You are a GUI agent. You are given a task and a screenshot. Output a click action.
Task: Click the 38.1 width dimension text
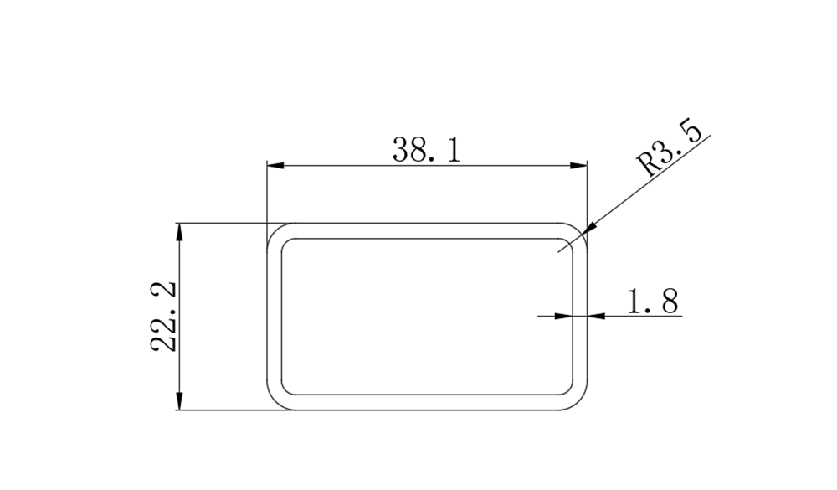pos(426,150)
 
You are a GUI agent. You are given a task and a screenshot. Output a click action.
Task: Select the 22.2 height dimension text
pos(164,317)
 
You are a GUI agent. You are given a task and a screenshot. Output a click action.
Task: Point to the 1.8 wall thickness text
pos(652,301)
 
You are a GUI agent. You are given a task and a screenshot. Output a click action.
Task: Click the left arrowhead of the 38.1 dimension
pos(275,166)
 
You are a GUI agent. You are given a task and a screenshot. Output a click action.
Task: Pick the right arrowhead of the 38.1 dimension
pos(578,166)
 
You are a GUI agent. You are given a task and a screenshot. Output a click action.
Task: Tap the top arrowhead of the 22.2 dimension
pos(179,232)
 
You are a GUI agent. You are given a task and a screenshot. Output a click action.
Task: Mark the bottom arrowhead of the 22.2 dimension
pos(179,401)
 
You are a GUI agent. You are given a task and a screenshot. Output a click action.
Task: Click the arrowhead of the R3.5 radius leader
pos(588,228)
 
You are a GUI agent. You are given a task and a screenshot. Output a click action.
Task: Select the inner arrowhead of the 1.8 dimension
pos(563,317)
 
